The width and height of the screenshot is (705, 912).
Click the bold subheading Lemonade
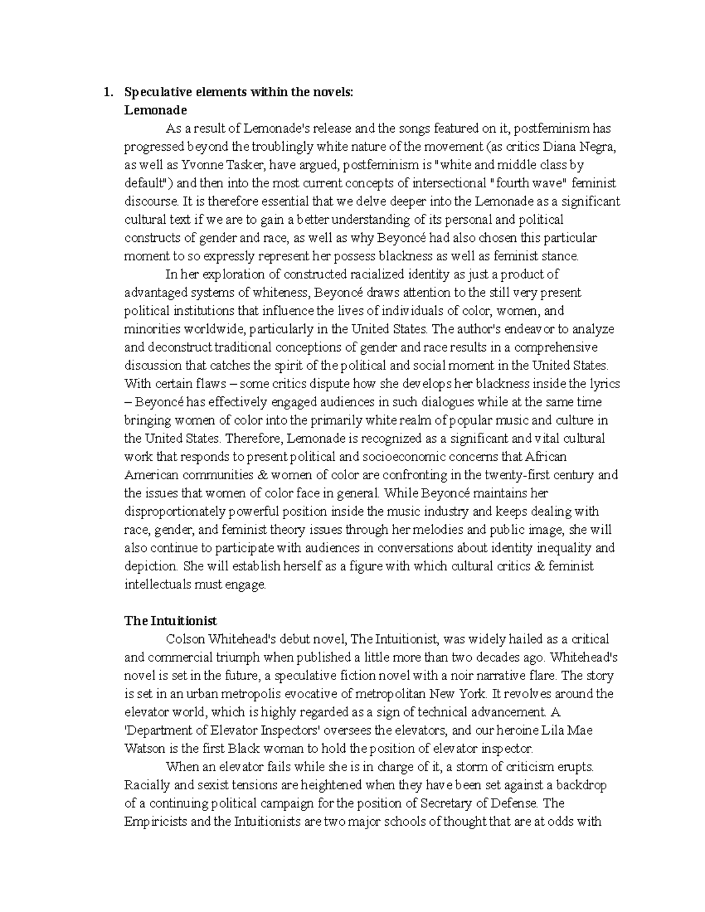[x=155, y=110]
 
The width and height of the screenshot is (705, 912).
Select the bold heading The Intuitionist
[x=170, y=621]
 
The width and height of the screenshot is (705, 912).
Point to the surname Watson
[x=143, y=748]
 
